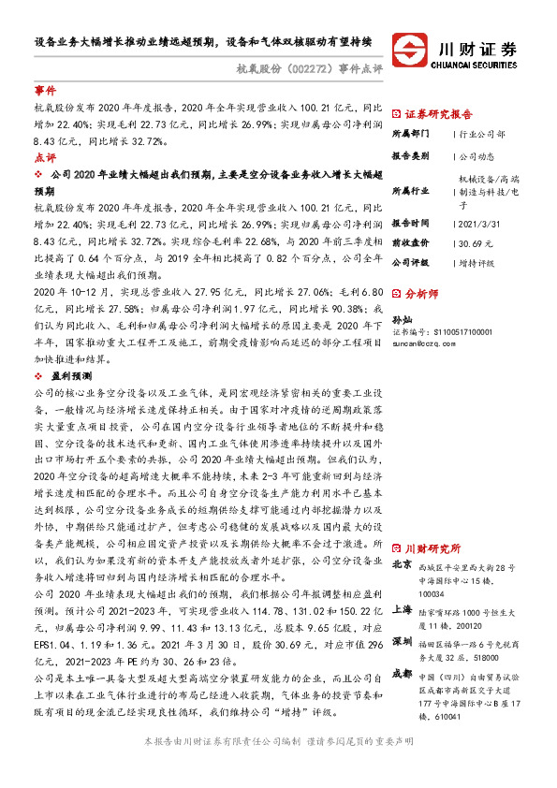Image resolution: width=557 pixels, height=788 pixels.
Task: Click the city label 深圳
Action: coord(403,642)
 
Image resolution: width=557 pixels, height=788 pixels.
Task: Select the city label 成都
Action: coord(403,673)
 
